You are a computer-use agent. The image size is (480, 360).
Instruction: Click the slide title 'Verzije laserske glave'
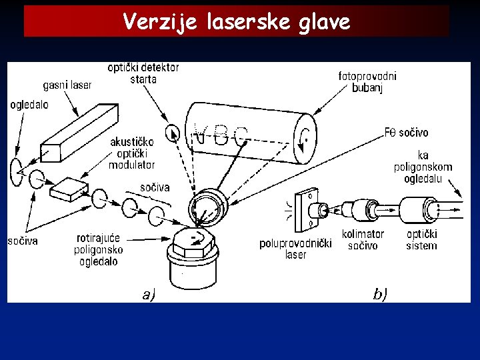click(x=237, y=22)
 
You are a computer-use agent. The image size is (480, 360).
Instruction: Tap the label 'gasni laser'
click(x=67, y=85)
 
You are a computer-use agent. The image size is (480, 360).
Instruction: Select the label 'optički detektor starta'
click(x=143, y=73)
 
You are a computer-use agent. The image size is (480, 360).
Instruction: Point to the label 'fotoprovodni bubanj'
click(x=367, y=82)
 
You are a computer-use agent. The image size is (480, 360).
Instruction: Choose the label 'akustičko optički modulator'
click(x=132, y=153)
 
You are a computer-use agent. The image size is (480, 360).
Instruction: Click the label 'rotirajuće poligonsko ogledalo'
click(x=99, y=250)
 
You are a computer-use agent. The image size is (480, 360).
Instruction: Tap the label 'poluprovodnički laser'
click(x=295, y=249)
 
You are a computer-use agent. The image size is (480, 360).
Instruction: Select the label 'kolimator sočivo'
click(x=363, y=240)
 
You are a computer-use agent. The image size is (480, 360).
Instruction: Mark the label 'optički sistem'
click(x=421, y=240)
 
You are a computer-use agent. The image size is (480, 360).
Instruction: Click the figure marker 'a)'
click(x=149, y=294)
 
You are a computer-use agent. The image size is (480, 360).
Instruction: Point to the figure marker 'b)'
click(x=380, y=294)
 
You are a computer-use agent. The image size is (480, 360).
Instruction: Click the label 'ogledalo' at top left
click(x=29, y=105)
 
